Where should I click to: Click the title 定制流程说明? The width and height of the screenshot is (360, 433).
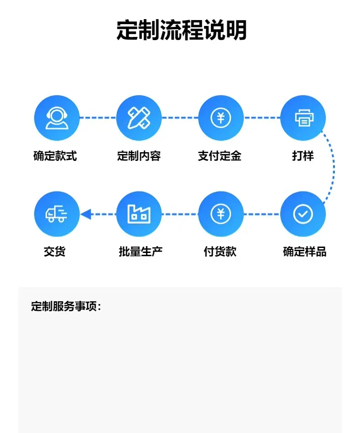(181, 30)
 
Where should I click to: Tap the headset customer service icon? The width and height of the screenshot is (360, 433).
(57, 118)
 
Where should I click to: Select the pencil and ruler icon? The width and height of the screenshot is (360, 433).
(139, 118)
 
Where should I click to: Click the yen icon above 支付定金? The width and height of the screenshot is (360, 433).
(221, 118)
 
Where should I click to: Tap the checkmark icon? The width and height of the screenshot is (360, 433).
(303, 214)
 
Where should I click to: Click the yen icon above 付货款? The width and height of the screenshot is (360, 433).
(221, 214)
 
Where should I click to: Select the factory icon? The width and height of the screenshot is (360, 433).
(139, 214)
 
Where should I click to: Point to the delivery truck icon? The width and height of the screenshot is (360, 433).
(57, 214)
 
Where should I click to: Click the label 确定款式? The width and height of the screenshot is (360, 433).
(55, 156)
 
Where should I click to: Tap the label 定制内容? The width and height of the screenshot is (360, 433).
(139, 156)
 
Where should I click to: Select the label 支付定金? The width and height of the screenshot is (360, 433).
(220, 156)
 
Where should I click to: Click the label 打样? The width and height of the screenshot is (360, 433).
(303, 156)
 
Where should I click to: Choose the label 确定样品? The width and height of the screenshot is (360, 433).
(305, 252)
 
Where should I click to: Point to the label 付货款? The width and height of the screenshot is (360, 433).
(220, 252)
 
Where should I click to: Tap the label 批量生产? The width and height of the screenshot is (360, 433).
(140, 252)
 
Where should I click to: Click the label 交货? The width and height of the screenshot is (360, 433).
(55, 252)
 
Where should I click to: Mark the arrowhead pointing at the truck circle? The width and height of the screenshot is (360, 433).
(86, 214)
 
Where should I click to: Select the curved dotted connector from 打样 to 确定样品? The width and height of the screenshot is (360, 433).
(334, 167)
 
